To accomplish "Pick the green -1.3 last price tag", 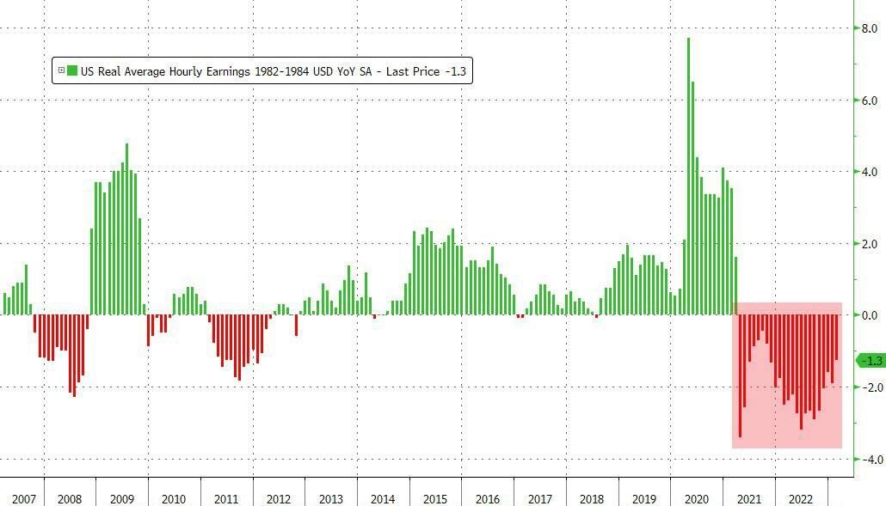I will coord(871,361).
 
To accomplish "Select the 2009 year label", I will coord(122,499).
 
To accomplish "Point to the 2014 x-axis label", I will coord(383,499).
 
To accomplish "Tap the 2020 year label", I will coord(696,499).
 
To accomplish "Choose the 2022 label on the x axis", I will coord(800,499).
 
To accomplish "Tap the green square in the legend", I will coord(72,71).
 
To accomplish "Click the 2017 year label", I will coord(539,499).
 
